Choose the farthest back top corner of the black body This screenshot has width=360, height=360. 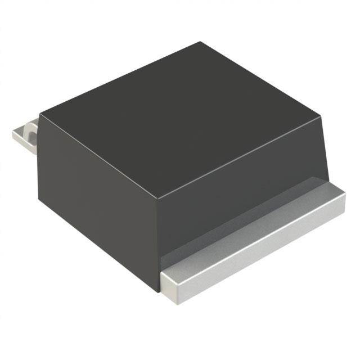click(200, 42)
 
